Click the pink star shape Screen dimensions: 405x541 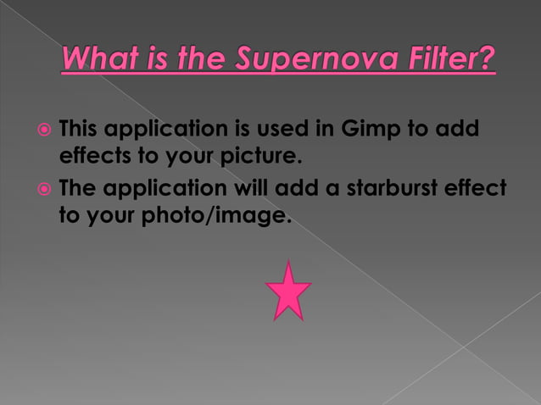coord(287,292)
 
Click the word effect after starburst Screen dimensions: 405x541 coord(478,189)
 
